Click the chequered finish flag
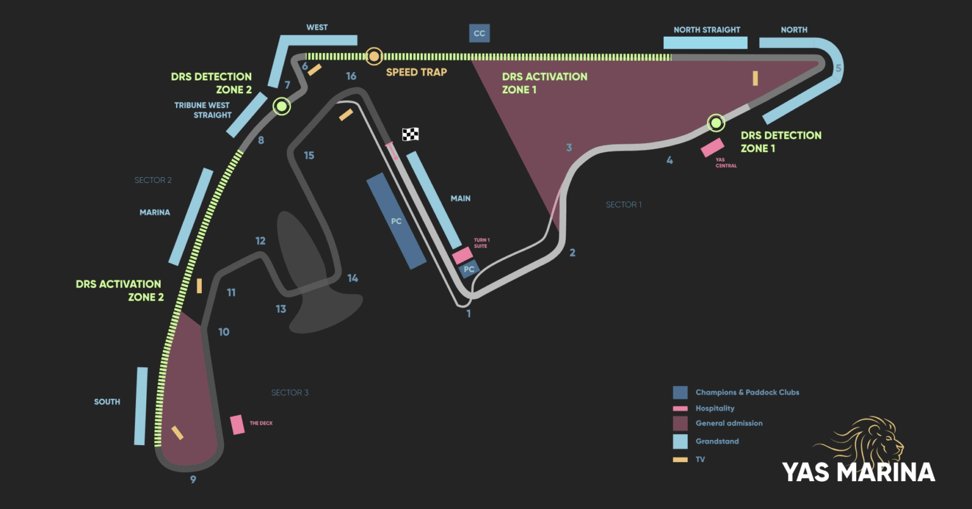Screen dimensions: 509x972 (410, 134)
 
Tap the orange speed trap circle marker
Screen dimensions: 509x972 (374, 56)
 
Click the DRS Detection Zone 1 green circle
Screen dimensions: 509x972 (716, 122)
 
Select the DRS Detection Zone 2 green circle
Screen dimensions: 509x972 (282, 106)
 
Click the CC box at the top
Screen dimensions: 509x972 (479, 34)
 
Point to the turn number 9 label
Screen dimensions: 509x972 (193, 479)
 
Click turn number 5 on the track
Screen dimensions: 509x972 (838, 68)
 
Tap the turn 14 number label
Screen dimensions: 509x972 (352, 278)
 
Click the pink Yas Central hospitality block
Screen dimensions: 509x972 (713, 148)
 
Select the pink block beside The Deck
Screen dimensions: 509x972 (237, 424)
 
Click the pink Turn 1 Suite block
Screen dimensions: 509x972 (463, 256)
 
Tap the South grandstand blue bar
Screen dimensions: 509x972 (140, 406)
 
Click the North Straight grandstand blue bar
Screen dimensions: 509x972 (705, 43)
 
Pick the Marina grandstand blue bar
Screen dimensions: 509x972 (190, 216)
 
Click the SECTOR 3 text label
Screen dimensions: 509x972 (290, 393)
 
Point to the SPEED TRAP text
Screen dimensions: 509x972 (416, 72)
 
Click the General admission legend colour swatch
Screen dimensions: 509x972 (680, 424)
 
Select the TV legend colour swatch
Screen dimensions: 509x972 (680, 460)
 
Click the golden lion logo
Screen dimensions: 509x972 (867, 440)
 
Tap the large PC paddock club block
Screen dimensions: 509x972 (396, 222)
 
